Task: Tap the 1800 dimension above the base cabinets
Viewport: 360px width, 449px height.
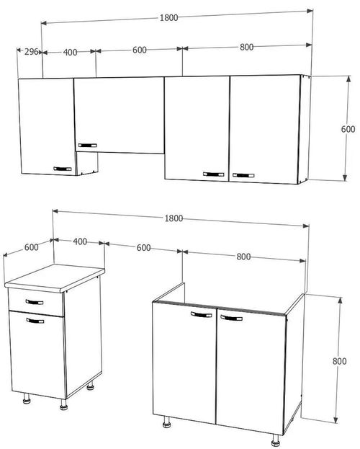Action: coord(173,218)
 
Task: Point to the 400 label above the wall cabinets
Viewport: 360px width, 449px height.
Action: coord(70,51)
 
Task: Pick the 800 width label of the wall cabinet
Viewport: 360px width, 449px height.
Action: coord(246,48)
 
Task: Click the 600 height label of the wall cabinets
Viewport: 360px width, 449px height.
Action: coord(348,129)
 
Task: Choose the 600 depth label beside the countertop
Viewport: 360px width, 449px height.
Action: coord(31,246)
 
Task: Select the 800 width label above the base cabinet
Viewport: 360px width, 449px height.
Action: coord(243,256)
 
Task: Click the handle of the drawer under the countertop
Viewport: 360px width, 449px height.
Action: coord(34,302)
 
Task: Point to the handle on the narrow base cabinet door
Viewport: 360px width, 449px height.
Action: coord(35,320)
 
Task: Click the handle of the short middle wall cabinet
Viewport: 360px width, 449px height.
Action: coord(86,143)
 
